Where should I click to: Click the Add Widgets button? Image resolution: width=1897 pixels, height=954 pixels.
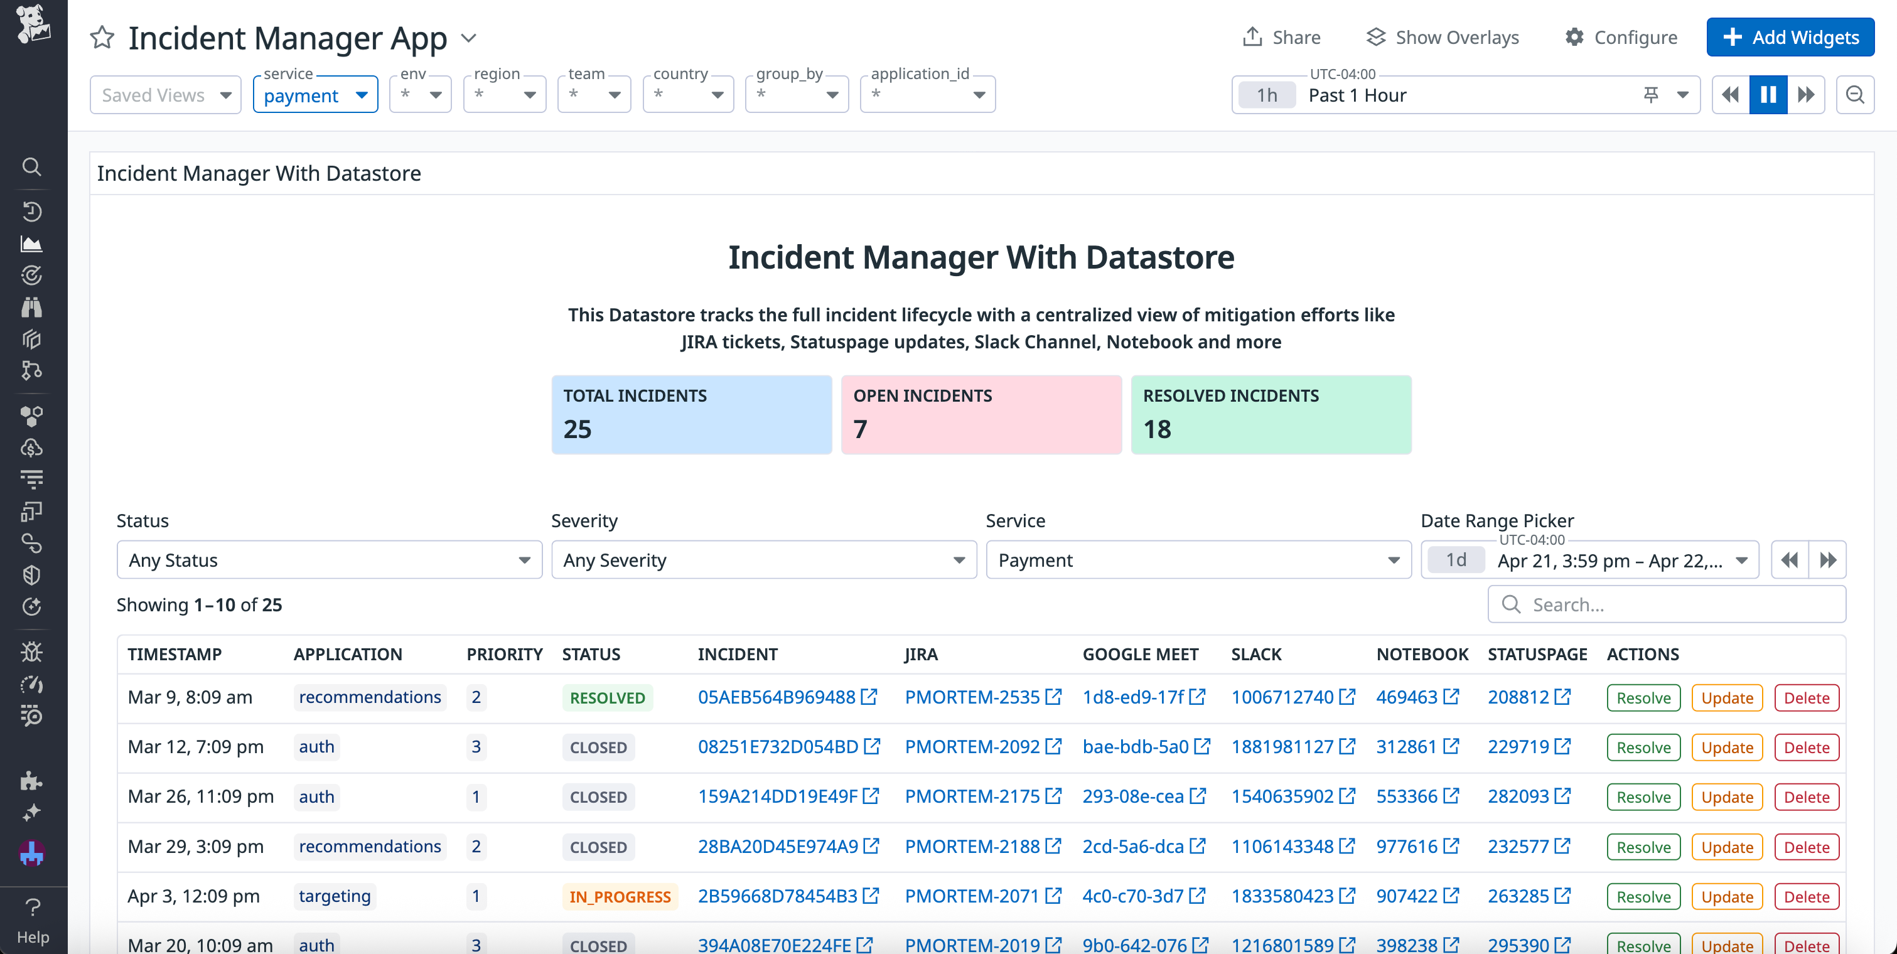click(x=1790, y=38)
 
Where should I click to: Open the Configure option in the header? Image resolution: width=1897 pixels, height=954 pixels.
click(x=1621, y=38)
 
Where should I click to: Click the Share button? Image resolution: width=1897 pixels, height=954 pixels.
click(x=1281, y=38)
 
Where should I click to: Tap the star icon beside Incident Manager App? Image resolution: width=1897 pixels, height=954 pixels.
click(x=102, y=38)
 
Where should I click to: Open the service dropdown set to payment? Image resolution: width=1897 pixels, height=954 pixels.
click(x=315, y=95)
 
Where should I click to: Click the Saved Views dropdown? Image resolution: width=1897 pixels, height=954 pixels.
click(x=166, y=95)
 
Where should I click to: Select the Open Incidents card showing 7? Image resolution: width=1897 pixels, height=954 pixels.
click(x=981, y=414)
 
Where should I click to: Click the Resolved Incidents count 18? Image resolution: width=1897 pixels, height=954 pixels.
click(x=1157, y=429)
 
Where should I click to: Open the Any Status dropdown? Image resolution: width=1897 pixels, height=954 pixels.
click(x=329, y=560)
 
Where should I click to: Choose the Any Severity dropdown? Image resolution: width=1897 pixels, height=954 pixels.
click(x=764, y=560)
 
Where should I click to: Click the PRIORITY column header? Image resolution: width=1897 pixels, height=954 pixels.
click(x=505, y=655)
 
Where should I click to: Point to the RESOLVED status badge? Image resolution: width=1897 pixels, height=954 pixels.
click(x=607, y=698)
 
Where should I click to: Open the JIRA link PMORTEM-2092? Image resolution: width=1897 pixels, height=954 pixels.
click(x=972, y=747)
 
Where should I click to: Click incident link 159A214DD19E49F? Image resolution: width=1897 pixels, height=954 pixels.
click(x=778, y=796)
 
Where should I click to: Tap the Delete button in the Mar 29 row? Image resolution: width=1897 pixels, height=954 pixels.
click(x=1807, y=847)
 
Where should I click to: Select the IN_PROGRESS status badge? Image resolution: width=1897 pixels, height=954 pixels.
click(x=620, y=897)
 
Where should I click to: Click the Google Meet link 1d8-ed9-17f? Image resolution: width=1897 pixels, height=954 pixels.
click(x=1132, y=697)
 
